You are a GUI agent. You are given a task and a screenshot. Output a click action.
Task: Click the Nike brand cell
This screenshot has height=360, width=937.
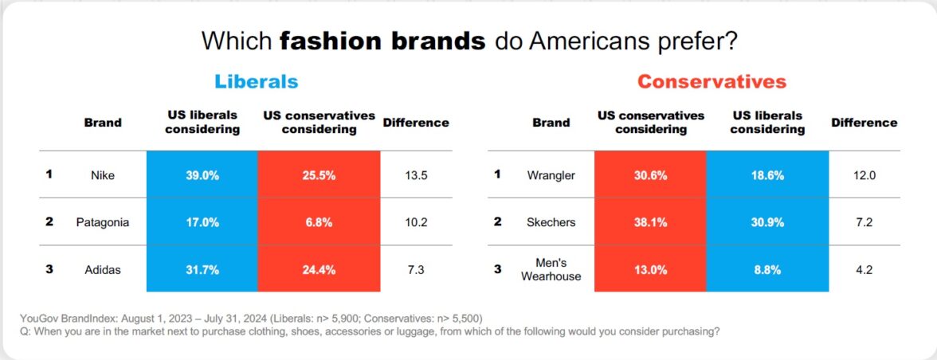pyautogui.click(x=103, y=174)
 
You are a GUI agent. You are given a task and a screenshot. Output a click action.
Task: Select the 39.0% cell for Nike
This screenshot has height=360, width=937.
pyautogui.click(x=202, y=174)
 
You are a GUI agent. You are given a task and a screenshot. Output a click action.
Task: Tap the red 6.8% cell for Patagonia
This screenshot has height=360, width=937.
pyautogui.click(x=319, y=221)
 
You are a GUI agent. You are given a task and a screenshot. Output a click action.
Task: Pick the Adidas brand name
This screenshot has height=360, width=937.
pyautogui.click(x=103, y=269)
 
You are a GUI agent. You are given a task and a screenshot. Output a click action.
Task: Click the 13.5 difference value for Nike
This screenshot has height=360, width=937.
pyautogui.click(x=415, y=174)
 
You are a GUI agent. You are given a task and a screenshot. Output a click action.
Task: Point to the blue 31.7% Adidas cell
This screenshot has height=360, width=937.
pyautogui.click(x=202, y=269)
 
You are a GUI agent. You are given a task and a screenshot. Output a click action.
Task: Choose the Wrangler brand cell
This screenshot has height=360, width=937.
pyautogui.click(x=551, y=174)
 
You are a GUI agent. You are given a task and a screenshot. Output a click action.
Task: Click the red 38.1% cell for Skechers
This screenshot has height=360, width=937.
pyautogui.click(x=650, y=221)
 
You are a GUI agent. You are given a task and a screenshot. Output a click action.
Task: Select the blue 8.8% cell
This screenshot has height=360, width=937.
pyautogui.click(x=767, y=269)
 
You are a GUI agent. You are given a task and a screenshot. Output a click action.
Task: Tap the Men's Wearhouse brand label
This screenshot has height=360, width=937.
pyautogui.click(x=551, y=269)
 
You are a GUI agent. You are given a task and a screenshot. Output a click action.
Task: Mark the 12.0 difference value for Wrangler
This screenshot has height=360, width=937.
pyautogui.click(x=864, y=174)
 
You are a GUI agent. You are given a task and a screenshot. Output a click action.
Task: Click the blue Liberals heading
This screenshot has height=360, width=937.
pyautogui.click(x=256, y=81)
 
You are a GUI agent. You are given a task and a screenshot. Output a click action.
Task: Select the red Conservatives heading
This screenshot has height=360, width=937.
pyautogui.click(x=712, y=81)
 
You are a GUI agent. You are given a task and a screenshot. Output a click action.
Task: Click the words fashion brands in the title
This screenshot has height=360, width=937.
pyautogui.click(x=382, y=41)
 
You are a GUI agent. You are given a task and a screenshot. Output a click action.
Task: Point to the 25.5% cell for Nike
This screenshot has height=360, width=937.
pyautogui.click(x=319, y=174)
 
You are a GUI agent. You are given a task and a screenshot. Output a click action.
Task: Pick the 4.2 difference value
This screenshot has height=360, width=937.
pyautogui.click(x=864, y=269)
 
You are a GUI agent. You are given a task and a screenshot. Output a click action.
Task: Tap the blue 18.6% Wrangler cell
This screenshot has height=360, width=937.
pyautogui.click(x=767, y=174)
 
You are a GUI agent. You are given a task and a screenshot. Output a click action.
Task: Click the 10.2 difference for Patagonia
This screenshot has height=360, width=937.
pyautogui.click(x=415, y=221)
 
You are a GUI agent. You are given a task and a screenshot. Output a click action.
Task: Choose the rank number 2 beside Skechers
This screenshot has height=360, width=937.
pyautogui.click(x=498, y=221)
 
